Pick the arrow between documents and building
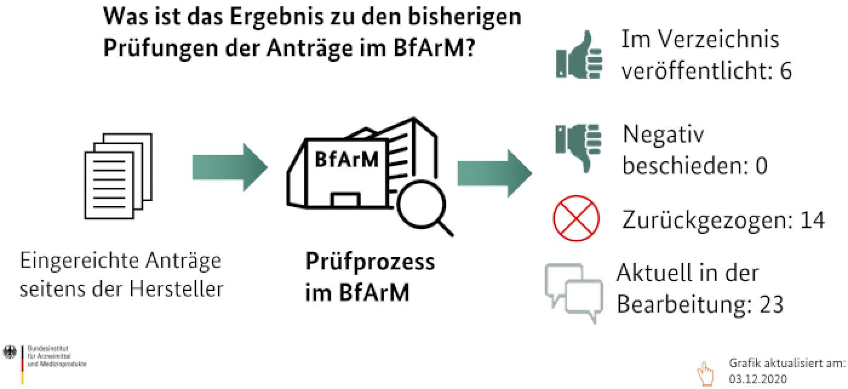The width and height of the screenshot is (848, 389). [230, 167]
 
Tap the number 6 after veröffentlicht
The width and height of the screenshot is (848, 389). [786, 71]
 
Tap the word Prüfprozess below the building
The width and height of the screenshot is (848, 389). [369, 262]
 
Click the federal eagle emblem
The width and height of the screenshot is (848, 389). [10, 351]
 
